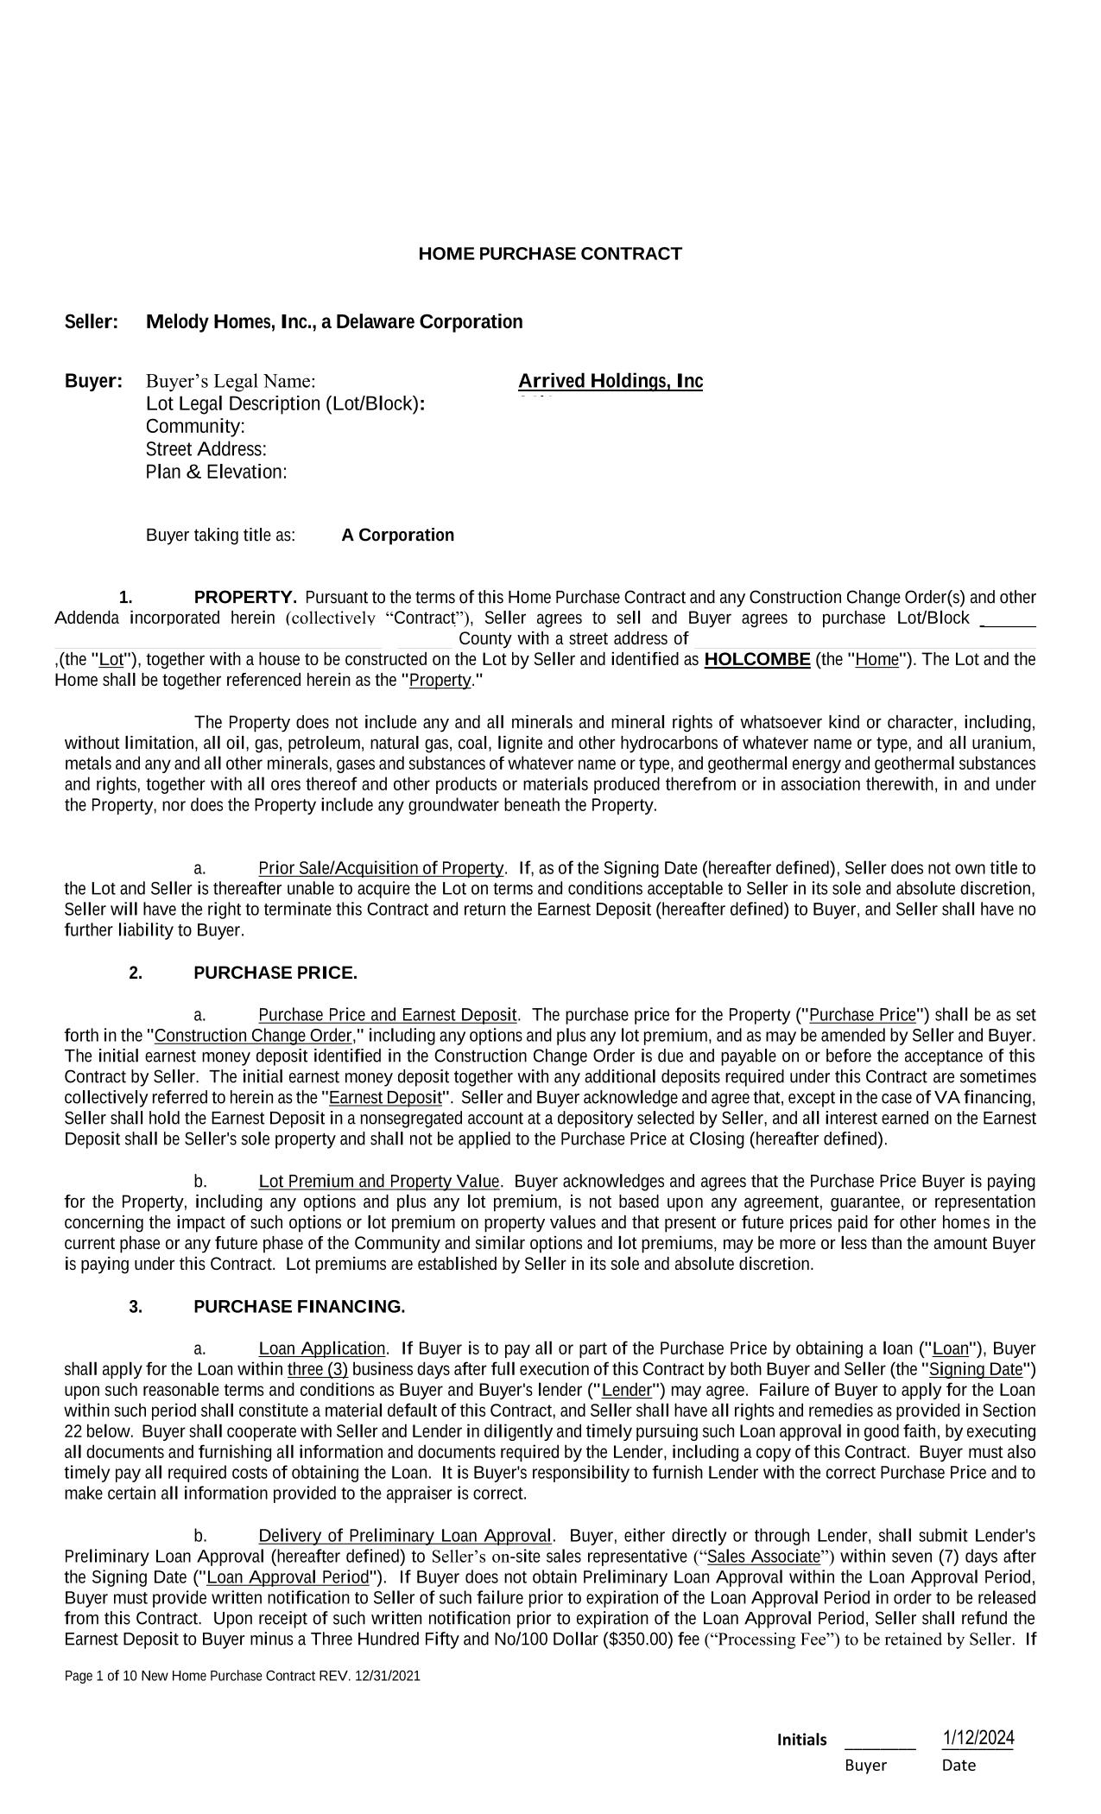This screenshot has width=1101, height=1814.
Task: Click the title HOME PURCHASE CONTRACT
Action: pos(550,254)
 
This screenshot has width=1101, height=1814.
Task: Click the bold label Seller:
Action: pos(92,322)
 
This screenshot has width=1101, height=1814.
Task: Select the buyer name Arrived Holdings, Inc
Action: pos(611,381)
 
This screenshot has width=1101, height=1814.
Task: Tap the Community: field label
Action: pos(195,427)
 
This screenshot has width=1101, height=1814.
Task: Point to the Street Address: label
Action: pos(206,449)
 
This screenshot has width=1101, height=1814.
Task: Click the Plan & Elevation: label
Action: pos(216,472)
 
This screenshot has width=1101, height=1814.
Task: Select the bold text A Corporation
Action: pos(397,535)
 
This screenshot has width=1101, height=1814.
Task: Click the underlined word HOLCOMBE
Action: pos(756,660)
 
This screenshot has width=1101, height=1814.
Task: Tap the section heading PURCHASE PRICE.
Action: pos(275,973)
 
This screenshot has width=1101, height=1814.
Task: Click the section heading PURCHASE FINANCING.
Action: pos(299,1306)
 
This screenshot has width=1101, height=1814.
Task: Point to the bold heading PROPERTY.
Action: pos(245,598)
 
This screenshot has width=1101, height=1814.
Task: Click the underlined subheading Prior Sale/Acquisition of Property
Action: pos(381,868)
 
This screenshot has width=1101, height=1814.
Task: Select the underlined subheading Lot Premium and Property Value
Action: pos(378,1181)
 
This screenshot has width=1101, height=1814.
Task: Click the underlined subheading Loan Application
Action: pos(321,1348)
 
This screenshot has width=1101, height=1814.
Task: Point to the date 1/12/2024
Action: pos(978,1738)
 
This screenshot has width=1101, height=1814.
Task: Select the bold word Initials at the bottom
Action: pos(801,1740)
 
